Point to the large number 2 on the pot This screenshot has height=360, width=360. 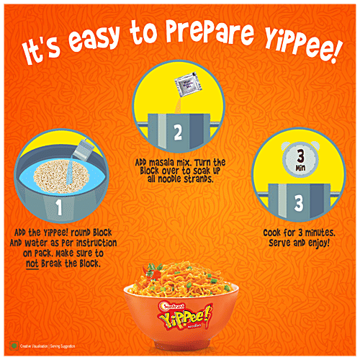click(178, 132)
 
